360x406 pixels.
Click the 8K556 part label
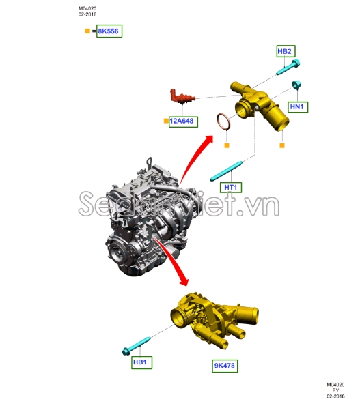(x=109, y=31)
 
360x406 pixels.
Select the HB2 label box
(x=284, y=51)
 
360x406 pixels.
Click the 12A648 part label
(x=182, y=121)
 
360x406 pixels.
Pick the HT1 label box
(x=230, y=187)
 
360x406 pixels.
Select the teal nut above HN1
(x=297, y=85)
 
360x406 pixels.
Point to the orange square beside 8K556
(x=87, y=31)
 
